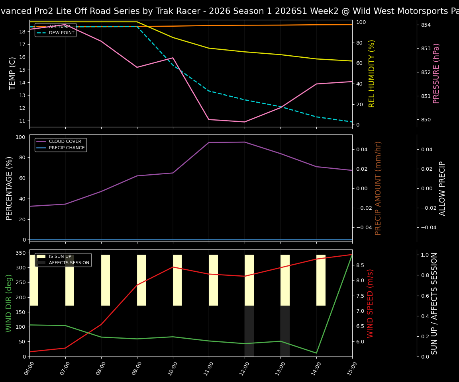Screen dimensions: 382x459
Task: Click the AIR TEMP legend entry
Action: (59, 27)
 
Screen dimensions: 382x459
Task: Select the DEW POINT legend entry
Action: (61, 33)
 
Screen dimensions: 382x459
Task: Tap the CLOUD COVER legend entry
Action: (65, 142)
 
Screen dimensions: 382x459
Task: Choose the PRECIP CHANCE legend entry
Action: (67, 148)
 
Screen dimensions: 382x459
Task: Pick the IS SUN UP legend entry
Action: (60, 257)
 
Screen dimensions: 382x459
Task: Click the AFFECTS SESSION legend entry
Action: (69, 263)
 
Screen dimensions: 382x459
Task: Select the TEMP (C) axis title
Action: (13, 73)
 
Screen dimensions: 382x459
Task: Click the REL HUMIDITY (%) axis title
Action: (372, 73)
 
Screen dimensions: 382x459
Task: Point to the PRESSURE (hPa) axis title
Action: (436, 73)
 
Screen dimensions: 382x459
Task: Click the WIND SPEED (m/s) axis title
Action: (371, 303)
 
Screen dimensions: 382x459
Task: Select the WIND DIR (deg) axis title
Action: (9, 303)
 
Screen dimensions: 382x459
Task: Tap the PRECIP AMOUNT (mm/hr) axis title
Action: (378, 188)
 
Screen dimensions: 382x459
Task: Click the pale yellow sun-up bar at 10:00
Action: (177, 280)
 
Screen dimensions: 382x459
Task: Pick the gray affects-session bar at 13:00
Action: (285, 331)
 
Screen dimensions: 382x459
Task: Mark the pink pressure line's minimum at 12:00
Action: (245, 122)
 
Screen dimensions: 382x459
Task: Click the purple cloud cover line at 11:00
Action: (209, 142)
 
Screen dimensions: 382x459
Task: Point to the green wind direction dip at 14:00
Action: (316, 353)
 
